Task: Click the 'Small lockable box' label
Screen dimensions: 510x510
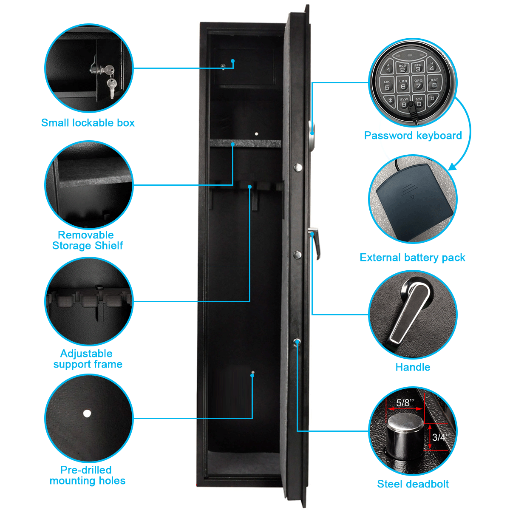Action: click(88, 123)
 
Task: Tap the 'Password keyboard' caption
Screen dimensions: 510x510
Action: click(413, 136)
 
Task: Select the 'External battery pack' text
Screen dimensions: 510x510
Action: click(412, 258)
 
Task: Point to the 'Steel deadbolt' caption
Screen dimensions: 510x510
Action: click(413, 484)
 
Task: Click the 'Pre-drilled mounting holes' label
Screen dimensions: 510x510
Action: click(88, 475)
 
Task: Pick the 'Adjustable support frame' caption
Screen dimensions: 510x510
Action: click(88, 359)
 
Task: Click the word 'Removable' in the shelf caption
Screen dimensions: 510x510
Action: click(86, 235)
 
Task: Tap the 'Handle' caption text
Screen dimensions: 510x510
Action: click(413, 367)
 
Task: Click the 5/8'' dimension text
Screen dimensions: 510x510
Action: click(405, 402)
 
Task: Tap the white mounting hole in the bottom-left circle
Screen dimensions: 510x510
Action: click(87, 414)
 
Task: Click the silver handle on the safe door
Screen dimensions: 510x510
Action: click(315, 243)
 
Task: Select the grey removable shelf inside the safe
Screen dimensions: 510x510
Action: click(245, 143)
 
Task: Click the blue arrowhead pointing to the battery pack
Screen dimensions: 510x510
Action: click(453, 167)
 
